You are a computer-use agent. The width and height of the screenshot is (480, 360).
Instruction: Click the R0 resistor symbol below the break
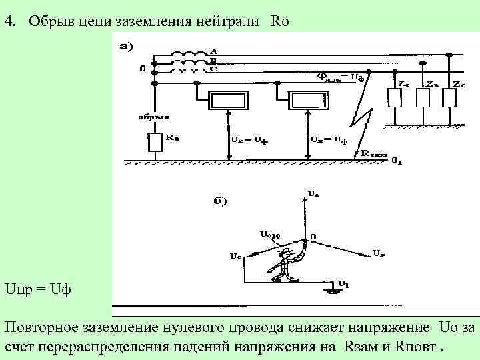[155, 141]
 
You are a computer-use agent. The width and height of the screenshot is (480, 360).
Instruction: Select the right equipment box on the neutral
[308, 100]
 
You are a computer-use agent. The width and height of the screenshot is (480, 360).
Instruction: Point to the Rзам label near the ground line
[374, 153]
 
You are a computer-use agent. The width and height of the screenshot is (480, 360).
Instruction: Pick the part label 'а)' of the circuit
[126, 46]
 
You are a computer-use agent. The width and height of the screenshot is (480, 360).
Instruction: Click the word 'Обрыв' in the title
[44, 21]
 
